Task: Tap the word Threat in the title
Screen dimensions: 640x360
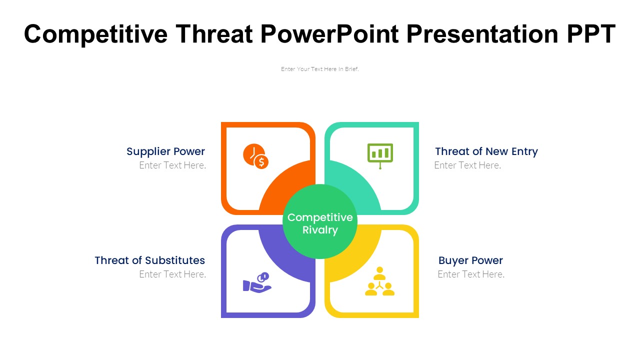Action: tap(214, 33)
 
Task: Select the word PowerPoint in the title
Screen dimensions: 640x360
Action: tap(329, 33)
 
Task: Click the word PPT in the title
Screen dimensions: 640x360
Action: tap(591, 33)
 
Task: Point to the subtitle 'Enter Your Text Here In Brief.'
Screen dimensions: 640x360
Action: tap(319, 69)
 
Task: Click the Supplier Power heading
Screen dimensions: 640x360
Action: tap(165, 151)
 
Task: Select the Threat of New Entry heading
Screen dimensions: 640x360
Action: tap(486, 151)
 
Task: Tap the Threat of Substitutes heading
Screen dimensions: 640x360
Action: tap(149, 260)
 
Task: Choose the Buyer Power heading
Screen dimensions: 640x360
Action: tap(470, 260)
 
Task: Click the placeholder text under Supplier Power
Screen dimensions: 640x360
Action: tap(172, 165)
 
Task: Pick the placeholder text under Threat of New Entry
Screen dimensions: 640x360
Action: tap(467, 165)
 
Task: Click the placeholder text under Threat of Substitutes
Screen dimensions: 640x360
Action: tap(172, 274)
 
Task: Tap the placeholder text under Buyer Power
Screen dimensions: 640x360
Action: tap(471, 274)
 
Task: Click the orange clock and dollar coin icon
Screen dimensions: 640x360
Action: tap(255, 156)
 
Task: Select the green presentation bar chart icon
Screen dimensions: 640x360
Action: tap(380, 156)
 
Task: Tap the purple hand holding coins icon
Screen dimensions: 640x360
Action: tap(257, 282)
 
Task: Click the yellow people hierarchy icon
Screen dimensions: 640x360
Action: tap(379, 281)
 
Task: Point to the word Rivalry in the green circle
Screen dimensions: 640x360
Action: tap(320, 230)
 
